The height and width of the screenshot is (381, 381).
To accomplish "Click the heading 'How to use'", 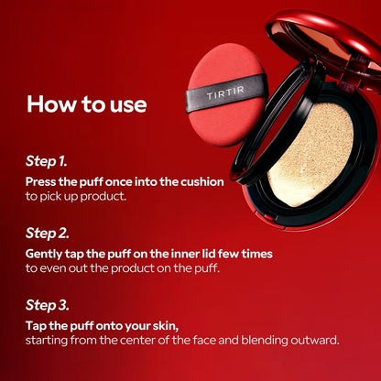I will tap(87, 103).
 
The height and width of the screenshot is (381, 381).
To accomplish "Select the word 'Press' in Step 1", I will tap(43, 181).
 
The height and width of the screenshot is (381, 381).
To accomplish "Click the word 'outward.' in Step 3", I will tap(313, 340).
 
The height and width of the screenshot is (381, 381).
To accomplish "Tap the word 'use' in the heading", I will tap(128, 103).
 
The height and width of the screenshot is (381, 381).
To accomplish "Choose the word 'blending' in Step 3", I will tap(259, 340).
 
